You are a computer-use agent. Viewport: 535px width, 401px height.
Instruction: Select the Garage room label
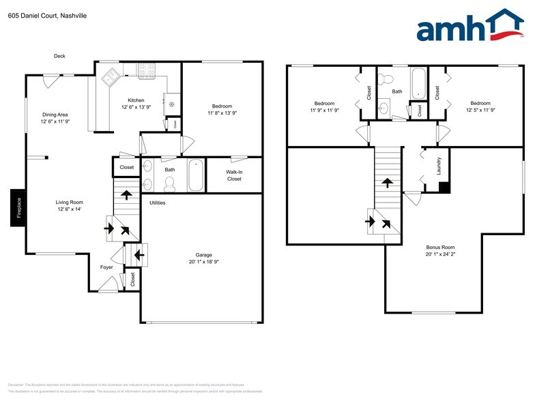click(203, 254)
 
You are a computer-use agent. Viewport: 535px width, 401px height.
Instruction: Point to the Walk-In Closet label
click(234, 176)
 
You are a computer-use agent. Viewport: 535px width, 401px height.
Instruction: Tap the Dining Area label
click(55, 115)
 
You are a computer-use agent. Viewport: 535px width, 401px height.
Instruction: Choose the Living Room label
click(69, 202)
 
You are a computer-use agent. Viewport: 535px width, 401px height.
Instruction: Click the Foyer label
click(106, 267)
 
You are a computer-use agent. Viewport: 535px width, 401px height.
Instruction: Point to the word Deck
click(59, 56)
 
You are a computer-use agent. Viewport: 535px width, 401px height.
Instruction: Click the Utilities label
click(157, 203)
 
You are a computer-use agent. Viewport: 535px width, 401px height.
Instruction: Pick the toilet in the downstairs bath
click(171, 182)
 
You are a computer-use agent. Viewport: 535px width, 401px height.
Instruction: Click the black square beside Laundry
click(444, 187)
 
